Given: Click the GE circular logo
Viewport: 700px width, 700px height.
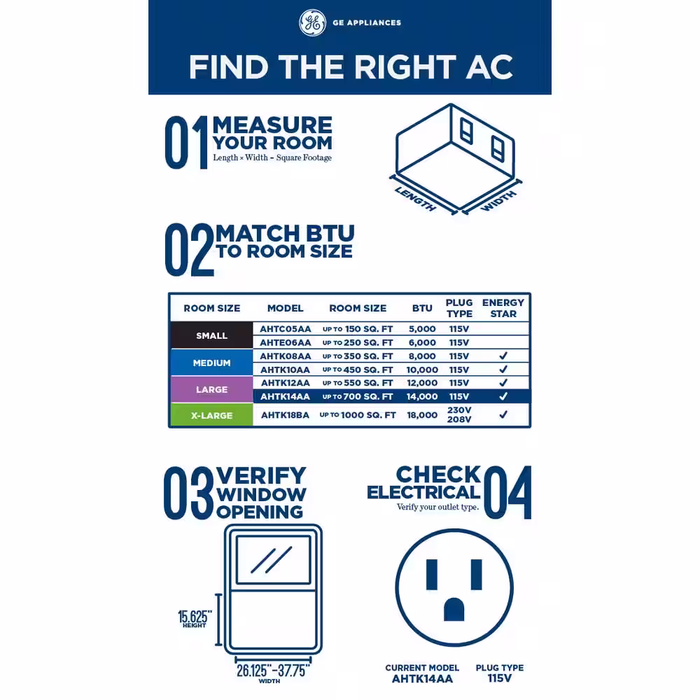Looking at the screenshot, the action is pyautogui.click(x=312, y=22).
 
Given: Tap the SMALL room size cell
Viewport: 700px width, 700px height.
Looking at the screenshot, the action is pyautogui.click(x=211, y=335).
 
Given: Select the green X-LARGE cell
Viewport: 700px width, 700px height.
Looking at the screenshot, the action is pyautogui.click(x=211, y=415).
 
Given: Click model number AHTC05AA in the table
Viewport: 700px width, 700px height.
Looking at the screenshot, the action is pyautogui.click(x=286, y=329).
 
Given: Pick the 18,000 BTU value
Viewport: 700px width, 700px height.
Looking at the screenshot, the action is pyautogui.click(x=422, y=414).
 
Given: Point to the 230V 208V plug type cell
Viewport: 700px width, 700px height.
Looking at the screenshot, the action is pyautogui.click(x=459, y=414).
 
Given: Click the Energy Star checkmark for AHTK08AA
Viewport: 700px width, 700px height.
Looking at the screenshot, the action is pyautogui.click(x=503, y=356).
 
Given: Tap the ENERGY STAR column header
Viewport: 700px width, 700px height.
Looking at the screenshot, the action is pyautogui.click(x=503, y=308).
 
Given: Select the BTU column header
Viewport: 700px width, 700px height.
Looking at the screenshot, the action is pyautogui.click(x=422, y=308).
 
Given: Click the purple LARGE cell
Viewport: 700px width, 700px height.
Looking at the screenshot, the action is pyautogui.click(x=211, y=389).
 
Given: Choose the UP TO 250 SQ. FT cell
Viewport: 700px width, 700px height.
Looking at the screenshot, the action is pyautogui.click(x=358, y=342).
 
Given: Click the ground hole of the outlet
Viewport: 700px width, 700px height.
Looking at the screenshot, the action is pyautogui.click(x=454, y=610).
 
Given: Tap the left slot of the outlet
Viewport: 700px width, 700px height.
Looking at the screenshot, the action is pyautogui.click(x=432, y=575).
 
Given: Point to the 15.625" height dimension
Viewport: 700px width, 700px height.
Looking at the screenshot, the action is pyautogui.click(x=195, y=619).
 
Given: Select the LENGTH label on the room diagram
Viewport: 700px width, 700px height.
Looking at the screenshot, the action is pyautogui.click(x=415, y=199).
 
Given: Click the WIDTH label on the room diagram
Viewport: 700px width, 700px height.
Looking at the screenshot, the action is pyautogui.click(x=498, y=200).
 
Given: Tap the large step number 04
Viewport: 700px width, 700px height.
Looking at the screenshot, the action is pyautogui.click(x=507, y=492).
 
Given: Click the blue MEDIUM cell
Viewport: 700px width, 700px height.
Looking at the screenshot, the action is pyautogui.click(x=211, y=363).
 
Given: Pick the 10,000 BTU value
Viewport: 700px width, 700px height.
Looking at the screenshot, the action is pyautogui.click(x=422, y=370).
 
